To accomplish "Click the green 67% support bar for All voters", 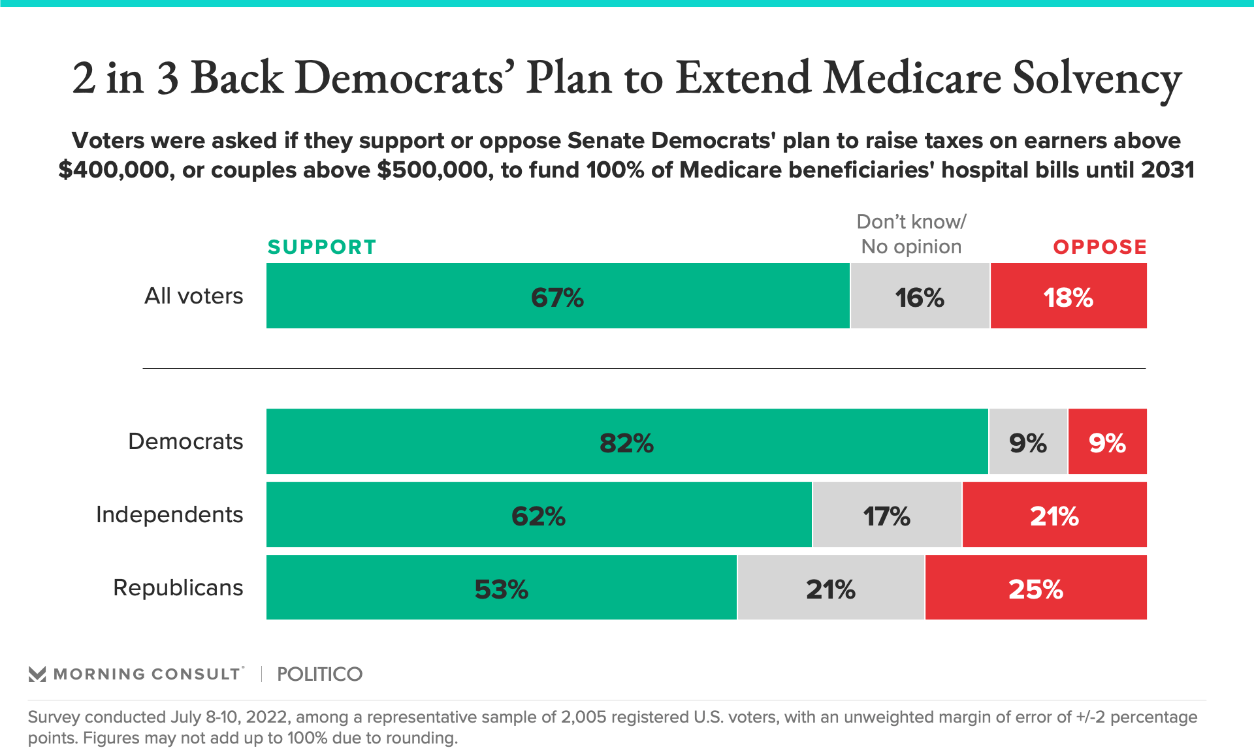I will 558,296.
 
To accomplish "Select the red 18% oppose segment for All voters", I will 1068,296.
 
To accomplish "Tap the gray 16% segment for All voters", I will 920,296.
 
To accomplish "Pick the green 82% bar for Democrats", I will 626,442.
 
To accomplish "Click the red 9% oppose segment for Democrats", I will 1107,442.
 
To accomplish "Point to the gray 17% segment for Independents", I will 886,515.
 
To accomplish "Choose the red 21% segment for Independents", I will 1054,515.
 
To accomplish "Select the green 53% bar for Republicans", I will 501,587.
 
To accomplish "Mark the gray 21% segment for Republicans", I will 830,587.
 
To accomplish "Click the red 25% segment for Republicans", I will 1036,587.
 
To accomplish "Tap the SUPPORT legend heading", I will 322,247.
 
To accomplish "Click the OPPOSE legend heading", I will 1099,247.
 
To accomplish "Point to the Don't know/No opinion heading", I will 911,234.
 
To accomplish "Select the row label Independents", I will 169,515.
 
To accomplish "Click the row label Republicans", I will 178,587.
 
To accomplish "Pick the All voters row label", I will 193,296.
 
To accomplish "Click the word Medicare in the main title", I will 912,78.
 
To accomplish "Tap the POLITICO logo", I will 319,674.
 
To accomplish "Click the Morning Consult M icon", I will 37,674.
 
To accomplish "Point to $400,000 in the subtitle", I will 115,170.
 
